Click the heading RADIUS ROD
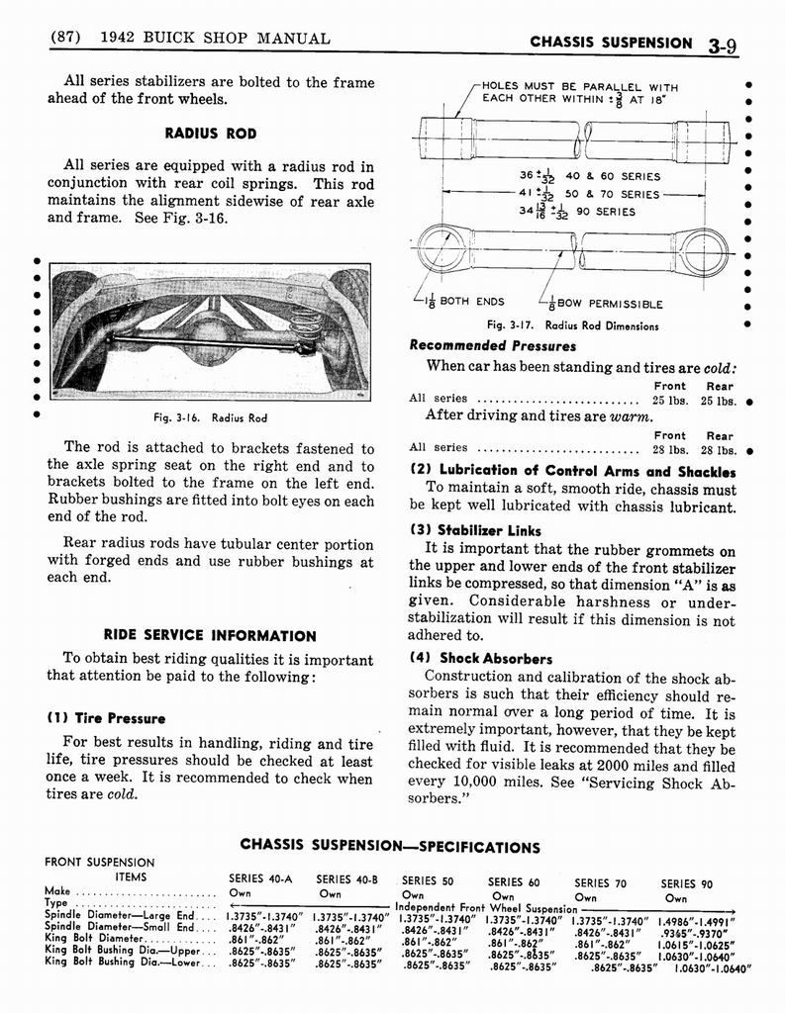pyautogui.click(x=211, y=133)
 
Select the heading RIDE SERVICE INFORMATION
pyautogui.click(x=211, y=635)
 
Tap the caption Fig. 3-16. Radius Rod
pyautogui.click(x=211, y=417)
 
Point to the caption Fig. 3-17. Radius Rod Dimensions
pyautogui.click(x=573, y=325)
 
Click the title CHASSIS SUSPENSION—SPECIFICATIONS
pyautogui.click(x=391, y=847)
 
